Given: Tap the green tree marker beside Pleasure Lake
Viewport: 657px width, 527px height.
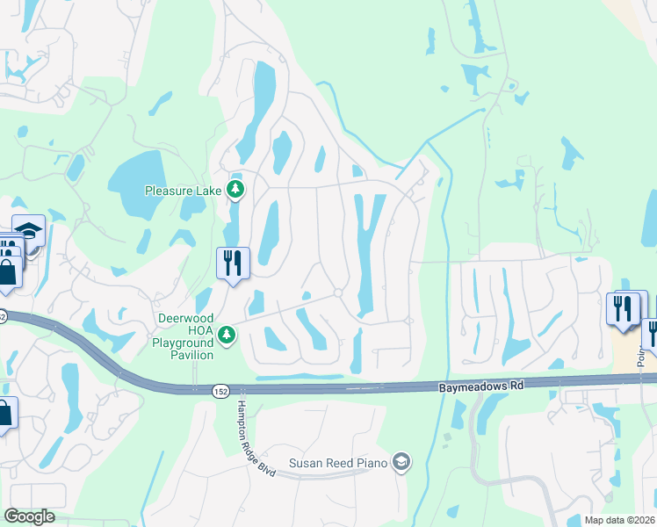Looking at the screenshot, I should tap(235, 189).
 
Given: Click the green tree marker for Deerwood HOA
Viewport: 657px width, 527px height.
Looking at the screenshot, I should tap(227, 335).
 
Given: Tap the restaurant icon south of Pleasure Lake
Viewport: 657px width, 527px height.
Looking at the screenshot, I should tap(233, 263).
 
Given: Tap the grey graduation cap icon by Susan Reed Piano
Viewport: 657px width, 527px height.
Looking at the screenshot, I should tap(401, 462).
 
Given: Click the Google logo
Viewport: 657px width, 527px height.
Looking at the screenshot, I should tap(30, 516).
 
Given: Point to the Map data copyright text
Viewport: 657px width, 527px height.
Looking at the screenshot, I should tap(620, 520).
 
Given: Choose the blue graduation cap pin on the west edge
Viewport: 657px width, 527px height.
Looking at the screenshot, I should tap(28, 230).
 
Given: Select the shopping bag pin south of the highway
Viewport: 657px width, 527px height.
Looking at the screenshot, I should tap(4, 413).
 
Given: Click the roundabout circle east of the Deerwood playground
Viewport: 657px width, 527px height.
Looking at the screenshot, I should tap(338, 293).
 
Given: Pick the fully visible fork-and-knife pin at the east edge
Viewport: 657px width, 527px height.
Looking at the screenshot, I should tap(624, 309).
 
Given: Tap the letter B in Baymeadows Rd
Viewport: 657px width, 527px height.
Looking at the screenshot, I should tap(440, 386).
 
